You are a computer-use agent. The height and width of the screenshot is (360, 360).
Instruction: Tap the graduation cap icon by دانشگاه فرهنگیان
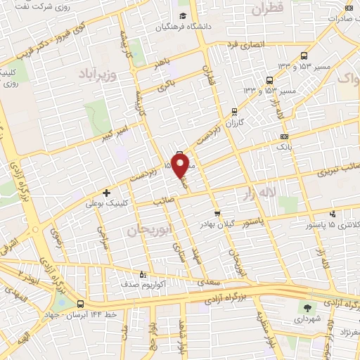click(x=183, y=16)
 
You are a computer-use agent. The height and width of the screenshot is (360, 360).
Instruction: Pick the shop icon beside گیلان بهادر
click(x=217, y=214)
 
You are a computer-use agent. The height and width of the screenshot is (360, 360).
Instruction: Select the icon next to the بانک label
click(x=284, y=136)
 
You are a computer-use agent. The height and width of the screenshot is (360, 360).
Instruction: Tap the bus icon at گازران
click(x=234, y=111)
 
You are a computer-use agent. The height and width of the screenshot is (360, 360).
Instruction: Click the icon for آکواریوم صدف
click(x=143, y=275)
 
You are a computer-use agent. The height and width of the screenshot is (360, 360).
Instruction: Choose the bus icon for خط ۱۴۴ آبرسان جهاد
click(x=82, y=304)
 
